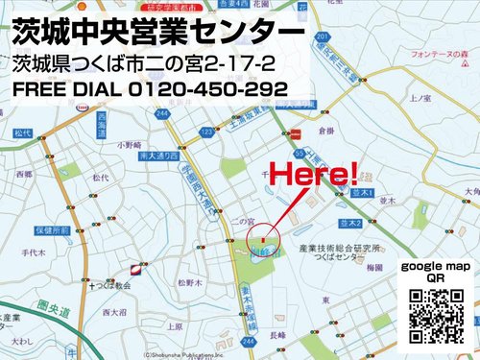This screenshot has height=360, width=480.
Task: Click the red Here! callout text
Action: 313,174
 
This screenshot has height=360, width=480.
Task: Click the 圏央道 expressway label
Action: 39,310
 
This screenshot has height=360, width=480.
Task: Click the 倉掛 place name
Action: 325,131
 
